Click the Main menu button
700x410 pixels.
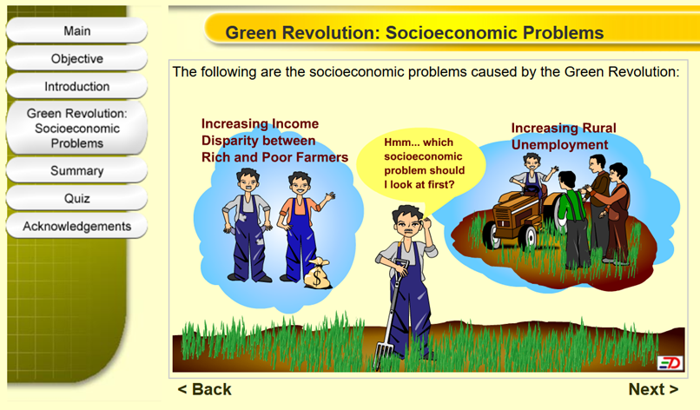click(x=76, y=30)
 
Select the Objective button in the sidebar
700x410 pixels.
click(x=76, y=58)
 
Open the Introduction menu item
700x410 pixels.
click(x=76, y=86)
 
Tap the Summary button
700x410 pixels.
click(x=76, y=170)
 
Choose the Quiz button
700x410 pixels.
click(x=76, y=198)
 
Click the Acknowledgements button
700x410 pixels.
click(x=76, y=226)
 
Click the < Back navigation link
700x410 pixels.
click(x=204, y=389)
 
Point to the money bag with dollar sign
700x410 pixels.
click(x=317, y=274)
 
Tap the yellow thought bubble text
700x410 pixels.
click(x=424, y=163)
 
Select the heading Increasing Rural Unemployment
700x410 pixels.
click(x=564, y=136)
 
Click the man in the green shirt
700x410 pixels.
click(x=572, y=219)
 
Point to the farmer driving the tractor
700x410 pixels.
click(x=532, y=175)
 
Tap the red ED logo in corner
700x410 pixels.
click(x=670, y=363)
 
